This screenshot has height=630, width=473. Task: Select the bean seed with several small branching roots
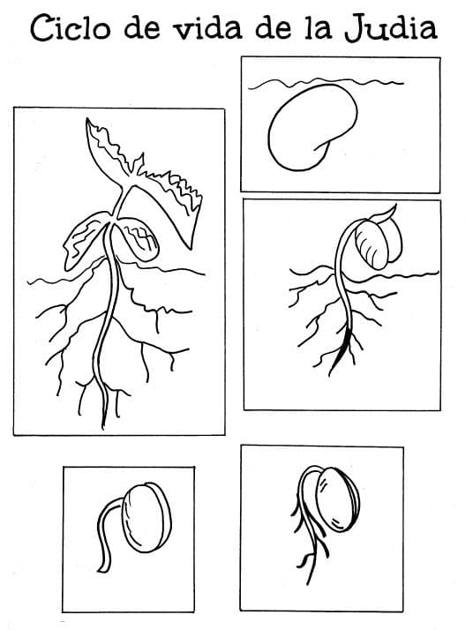pos(335,499)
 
